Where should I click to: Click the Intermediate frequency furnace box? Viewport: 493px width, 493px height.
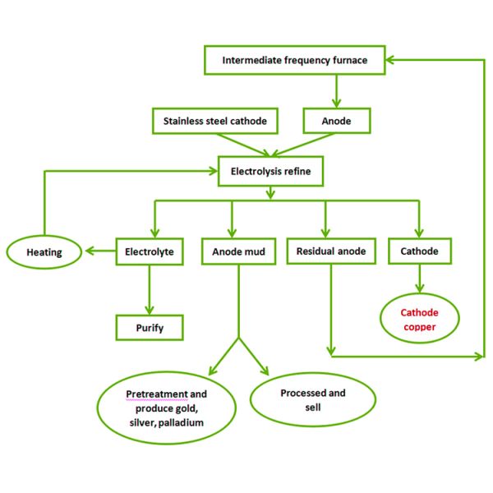(295, 60)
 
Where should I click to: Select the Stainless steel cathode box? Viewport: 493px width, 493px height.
(214, 121)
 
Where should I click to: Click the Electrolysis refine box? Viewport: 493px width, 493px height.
(271, 172)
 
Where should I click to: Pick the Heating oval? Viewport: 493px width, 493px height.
(44, 252)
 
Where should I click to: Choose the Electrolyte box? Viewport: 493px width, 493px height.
(149, 251)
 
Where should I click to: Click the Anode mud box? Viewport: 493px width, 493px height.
(238, 251)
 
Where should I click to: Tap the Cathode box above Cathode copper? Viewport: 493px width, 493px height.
(419, 251)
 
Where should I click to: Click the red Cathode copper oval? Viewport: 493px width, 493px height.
(419, 320)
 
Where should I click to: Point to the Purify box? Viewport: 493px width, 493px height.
(149, 327)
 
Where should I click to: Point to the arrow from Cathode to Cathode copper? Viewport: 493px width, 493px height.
(419, 280)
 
